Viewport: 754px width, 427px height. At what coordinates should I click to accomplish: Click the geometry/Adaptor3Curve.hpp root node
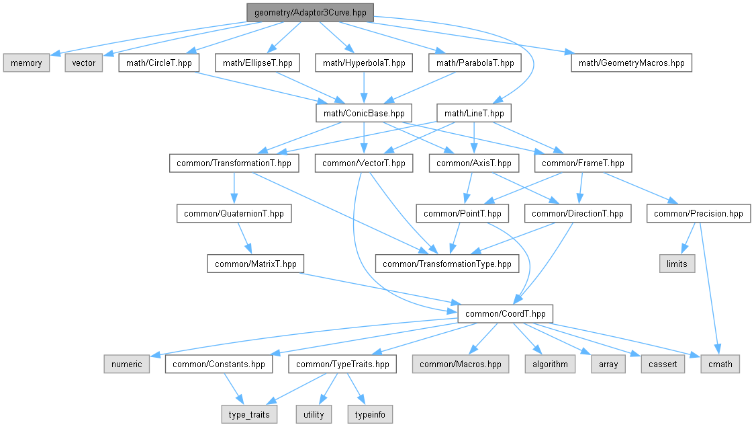tap(310, 12)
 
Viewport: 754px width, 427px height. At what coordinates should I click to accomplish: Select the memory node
tap(26, 63)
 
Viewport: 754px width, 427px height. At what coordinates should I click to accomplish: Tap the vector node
tap(83, 63)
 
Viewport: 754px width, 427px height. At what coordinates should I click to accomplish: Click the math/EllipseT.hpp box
tap(258, 63)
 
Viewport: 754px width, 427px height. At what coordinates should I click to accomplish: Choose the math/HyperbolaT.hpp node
tap(364, 63)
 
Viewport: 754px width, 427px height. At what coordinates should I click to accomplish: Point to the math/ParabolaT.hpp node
tap(475, 63)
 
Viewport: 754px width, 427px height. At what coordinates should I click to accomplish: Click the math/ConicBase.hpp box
tap(364, 113)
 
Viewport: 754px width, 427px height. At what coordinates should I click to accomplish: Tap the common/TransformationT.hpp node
tap(234, 163)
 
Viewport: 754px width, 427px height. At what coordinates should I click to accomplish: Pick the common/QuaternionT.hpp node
tap(234, 214)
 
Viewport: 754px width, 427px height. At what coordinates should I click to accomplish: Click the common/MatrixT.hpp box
tap(256, 264)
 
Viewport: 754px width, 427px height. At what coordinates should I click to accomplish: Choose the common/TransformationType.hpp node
tap(447, 264)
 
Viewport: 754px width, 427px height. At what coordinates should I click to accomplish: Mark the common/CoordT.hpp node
tap(505, 313)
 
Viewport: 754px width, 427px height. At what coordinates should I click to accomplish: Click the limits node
tap(677, 264)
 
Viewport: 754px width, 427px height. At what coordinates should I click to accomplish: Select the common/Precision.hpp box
tap(698, 214)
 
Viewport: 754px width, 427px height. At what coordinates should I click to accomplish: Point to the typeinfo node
tap(369, 414)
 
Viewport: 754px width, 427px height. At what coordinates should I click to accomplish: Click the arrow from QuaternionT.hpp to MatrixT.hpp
tap(244, 239)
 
